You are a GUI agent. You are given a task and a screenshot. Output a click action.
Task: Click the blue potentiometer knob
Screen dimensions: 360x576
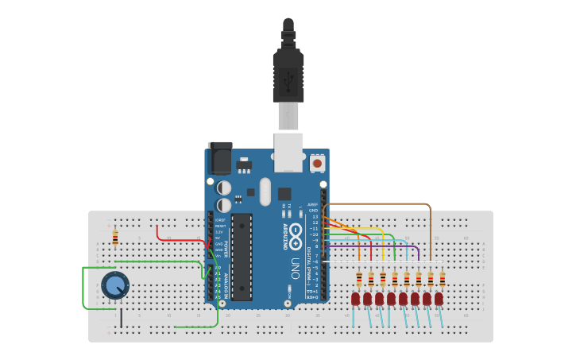pos(115,285)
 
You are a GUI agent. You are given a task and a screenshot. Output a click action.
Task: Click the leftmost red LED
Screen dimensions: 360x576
pos(355,299)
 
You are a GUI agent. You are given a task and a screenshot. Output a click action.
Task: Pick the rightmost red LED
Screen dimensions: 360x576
pos(439,299)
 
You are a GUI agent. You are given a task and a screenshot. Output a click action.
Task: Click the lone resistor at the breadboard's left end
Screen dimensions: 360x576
pos(115,237)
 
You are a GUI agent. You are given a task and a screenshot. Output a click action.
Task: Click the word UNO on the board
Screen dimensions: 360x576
pos(295,267)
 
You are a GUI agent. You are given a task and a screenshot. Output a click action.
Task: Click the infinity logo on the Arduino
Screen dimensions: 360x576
pos(296,236)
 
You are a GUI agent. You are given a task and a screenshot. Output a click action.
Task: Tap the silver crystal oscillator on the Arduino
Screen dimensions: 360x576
pos(265,191)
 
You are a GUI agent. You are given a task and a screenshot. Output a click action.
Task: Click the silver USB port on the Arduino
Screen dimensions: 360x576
pos(288,152)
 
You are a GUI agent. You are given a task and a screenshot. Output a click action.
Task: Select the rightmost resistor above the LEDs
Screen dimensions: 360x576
pos(443,279)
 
